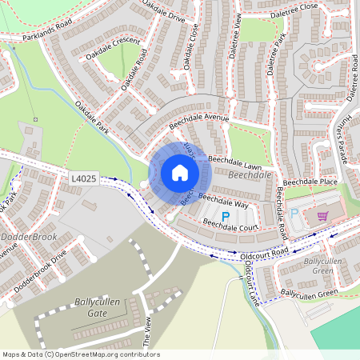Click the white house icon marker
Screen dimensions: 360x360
click(180, 173)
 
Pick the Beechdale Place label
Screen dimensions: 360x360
click(310, 182)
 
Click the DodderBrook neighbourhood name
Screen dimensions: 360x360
click(30, 238)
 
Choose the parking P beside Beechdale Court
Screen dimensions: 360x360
click(225, 216)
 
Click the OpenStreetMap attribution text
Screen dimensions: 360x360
click(81, 354)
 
